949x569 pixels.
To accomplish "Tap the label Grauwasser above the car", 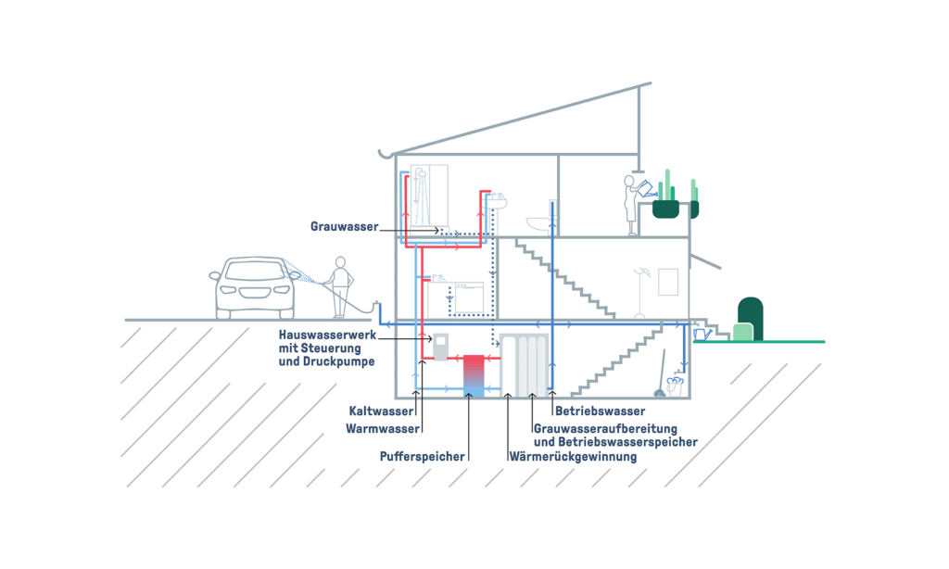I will pyautogui.click(x=345, y=226).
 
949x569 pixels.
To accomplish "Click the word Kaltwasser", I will pyautogui.click(x=380, y=411).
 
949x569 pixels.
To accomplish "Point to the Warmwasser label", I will pyautogui.click(x=383, y=429).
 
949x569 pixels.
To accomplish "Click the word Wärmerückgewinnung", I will pyautogui.click(x=573, y=456).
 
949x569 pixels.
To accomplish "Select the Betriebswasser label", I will pyautogui.click(x=599, y=411).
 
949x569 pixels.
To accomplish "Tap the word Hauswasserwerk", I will pyautogui.click(x=326, y=334).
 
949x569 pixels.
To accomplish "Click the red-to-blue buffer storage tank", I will pyautogui.click(x=474, y=375).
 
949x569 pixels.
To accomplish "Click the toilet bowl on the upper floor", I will pyautogui.click(x=539, y=223).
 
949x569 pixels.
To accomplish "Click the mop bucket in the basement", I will pyautogui.click(x=674, y=385).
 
